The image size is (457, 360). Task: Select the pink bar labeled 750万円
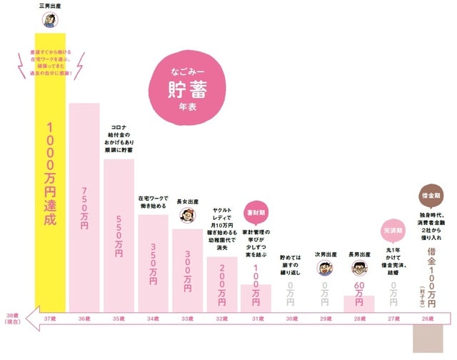[x=84, y=207]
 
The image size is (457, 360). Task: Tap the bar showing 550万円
[x=119, y=236]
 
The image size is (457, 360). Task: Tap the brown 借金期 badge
[x=428, y=193]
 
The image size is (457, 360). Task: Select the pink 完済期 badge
[x=393, y=231]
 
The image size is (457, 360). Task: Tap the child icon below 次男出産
[x=325, y=269]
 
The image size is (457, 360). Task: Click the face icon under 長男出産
[x=359, y=269]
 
